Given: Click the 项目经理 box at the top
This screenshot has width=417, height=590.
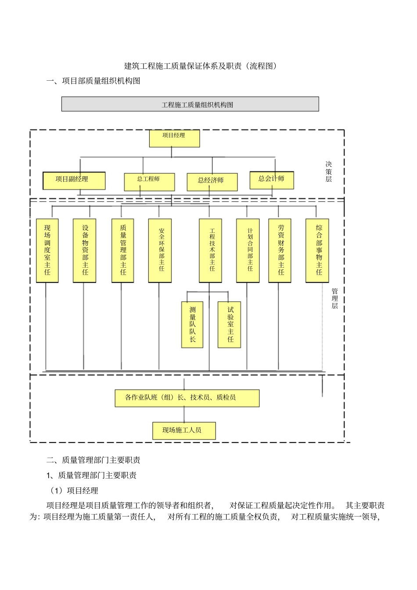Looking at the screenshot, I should click(x=174, y=138).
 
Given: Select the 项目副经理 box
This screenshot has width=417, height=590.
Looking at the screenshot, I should click(x=74, y=180).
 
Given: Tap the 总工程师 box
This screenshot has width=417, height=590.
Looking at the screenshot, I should click(x=149, y=182).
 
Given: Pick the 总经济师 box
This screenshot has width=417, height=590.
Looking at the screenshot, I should click(x=212, y=182).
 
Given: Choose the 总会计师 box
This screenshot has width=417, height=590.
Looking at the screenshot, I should click(x=272, y=180).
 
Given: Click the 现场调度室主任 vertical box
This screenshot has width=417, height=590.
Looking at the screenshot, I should click(x=47, y=250).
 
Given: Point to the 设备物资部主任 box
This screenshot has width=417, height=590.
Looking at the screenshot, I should click(x=84, y=250).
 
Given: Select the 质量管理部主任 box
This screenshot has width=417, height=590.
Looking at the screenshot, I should click(x=122, y=250).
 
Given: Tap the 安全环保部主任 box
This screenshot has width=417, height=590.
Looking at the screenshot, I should click(x=160, y=250).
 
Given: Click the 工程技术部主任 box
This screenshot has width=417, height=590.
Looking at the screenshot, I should click(x=210, y=250).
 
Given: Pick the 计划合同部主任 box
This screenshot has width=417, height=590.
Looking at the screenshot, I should click(x=248, y=250).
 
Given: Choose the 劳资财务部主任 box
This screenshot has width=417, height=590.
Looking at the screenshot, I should click(x=280, y=250).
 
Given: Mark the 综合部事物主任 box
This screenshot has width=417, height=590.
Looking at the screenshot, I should click(x=317, y=250).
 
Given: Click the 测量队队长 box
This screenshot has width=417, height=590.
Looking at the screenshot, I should click(x=192, y=325).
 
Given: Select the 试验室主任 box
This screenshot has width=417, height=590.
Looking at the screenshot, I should click(x=229, y=325).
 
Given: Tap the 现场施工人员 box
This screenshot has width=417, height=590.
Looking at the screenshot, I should click(x=184, y=430).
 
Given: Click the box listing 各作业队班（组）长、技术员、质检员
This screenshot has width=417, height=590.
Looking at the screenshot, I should click(x=187, y=398).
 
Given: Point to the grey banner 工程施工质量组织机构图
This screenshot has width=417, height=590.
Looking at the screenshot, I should click(x=190, y=104).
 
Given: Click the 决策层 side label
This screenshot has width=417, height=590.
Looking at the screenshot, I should click(x=328, y=172).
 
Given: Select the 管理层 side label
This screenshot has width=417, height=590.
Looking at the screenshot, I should click(x=334, y=299).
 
